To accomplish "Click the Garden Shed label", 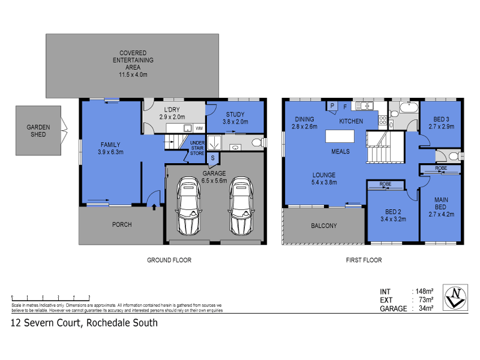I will pos(38,130).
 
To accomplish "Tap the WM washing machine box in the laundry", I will pos(199,128).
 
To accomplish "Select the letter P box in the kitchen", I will pos(331,106).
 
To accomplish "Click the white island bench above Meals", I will pos(340,136).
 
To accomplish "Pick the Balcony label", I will pos(323,226).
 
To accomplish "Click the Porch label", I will pos(122,225).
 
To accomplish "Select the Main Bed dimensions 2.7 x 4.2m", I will pos(440,214).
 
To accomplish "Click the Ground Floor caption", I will pos(169,260).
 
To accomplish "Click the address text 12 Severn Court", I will pos(48,323).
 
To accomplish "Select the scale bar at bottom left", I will pos(50,297).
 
